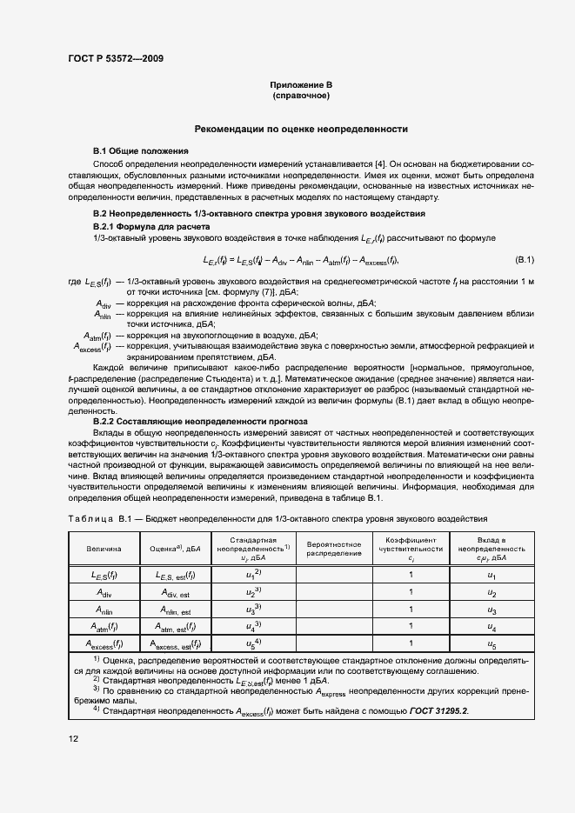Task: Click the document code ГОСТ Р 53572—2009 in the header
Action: [x=115, y=59]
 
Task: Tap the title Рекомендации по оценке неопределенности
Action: [x=301, y=128]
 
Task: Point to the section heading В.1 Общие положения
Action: [x=140, y=150]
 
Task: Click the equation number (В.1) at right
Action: [x=525, y=260]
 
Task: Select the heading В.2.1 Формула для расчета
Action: [x=145, y=226]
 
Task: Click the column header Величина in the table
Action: [x=104, y=550]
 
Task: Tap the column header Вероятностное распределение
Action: [x=334, y=550]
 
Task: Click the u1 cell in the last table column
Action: [x=491, y=576]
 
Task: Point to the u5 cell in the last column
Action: [x=491, y=644]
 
